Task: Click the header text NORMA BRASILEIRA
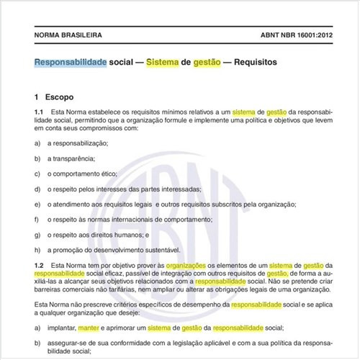(x=68, y=35)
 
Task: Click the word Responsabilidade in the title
(x=71, y=62)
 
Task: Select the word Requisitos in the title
(x=249, y=62)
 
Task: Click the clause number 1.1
(x=39, y=112)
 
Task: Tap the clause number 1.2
(x=39, y=266)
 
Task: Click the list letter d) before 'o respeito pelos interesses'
(x=37, y=189)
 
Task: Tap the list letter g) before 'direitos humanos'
(x=37, y=234)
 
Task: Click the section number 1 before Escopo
(x=36, y=96)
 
